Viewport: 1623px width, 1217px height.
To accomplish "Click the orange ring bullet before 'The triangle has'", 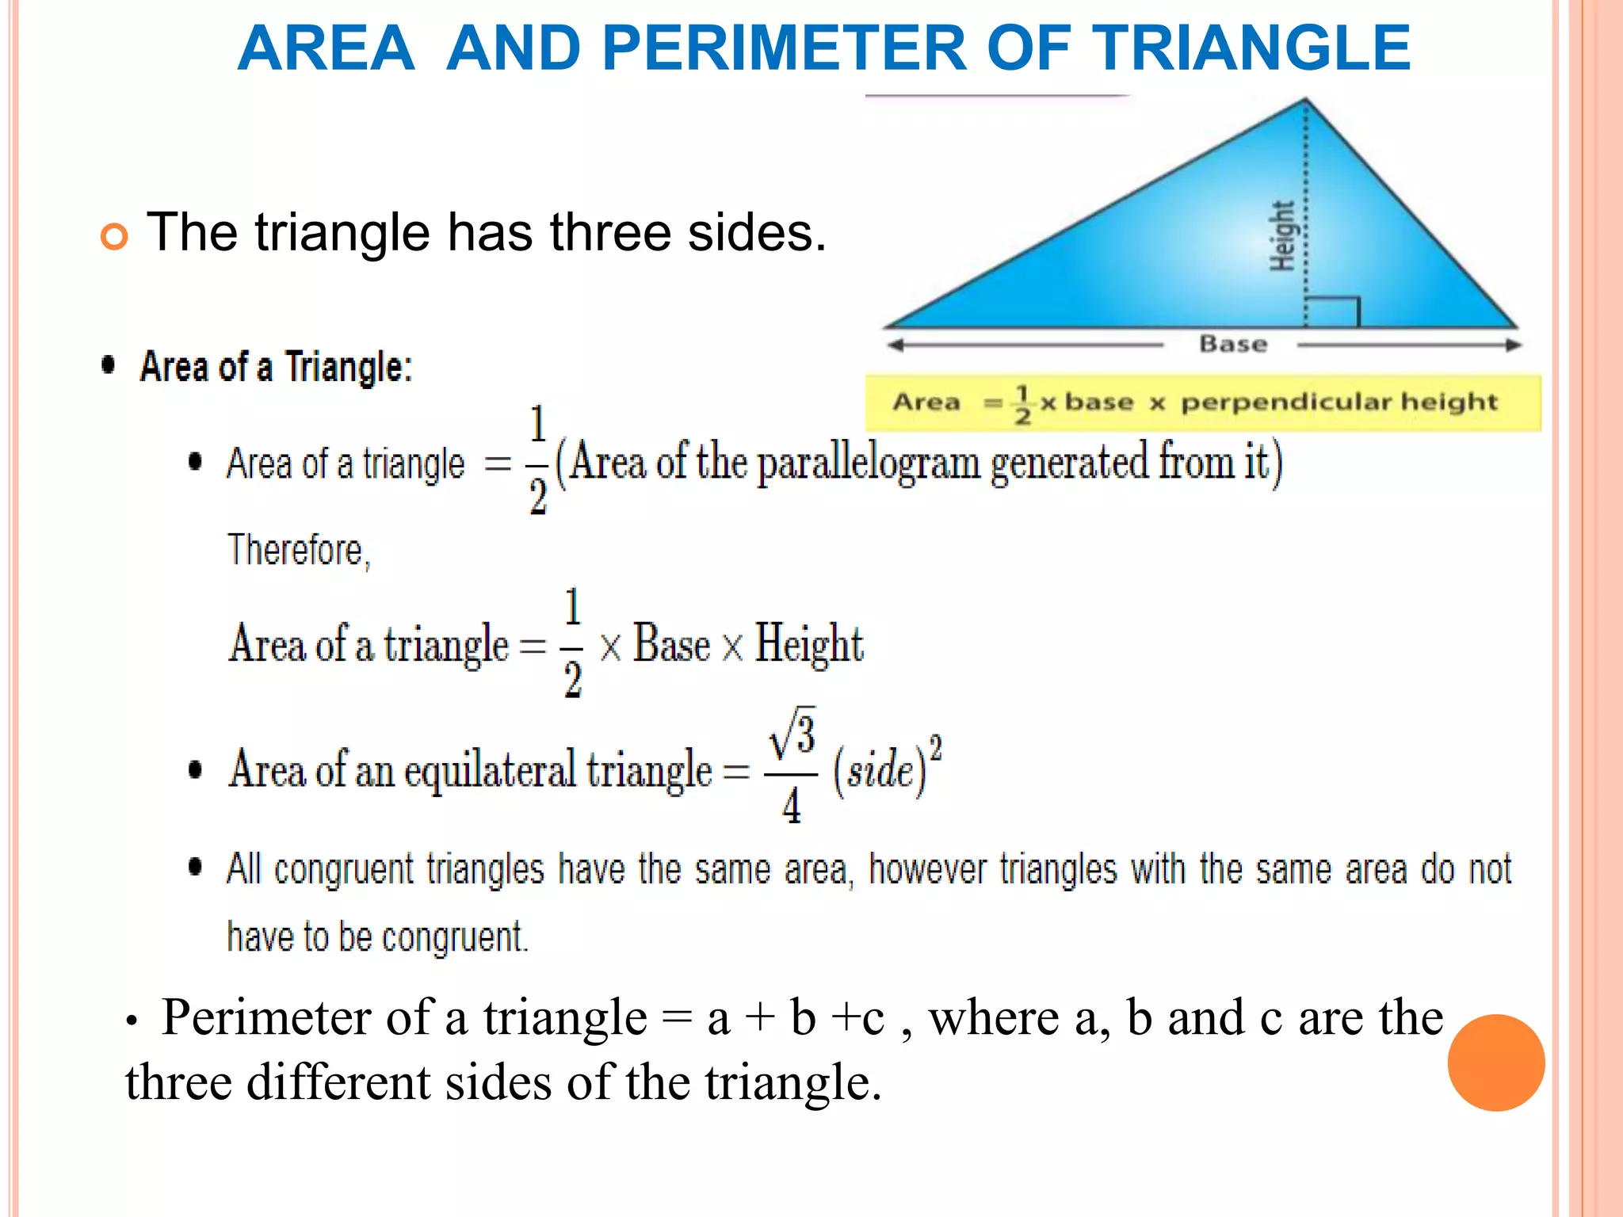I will [x=114, y=236].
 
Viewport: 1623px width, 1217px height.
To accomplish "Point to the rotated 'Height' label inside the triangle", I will [x=1282, y=236].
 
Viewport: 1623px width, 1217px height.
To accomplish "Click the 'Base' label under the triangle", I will [x=1233, y=344].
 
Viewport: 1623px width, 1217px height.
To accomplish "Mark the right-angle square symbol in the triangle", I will [x=1333, y=312].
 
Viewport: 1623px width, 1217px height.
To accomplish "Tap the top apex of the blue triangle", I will [x=1305, y=100].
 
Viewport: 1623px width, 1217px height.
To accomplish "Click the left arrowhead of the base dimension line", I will [x=896, y=345].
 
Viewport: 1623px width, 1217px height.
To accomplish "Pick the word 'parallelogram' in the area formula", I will [x=869, y=464].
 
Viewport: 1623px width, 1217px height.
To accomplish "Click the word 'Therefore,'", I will [x=299, y=550].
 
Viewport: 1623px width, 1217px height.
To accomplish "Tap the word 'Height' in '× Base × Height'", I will [x=808, y=643].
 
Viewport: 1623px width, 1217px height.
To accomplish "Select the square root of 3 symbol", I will [x=792, y=733].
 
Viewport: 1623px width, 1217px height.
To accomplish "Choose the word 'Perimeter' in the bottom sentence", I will [x=266, y=1017].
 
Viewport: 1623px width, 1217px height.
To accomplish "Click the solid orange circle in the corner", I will [x=1495, y=1062].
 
